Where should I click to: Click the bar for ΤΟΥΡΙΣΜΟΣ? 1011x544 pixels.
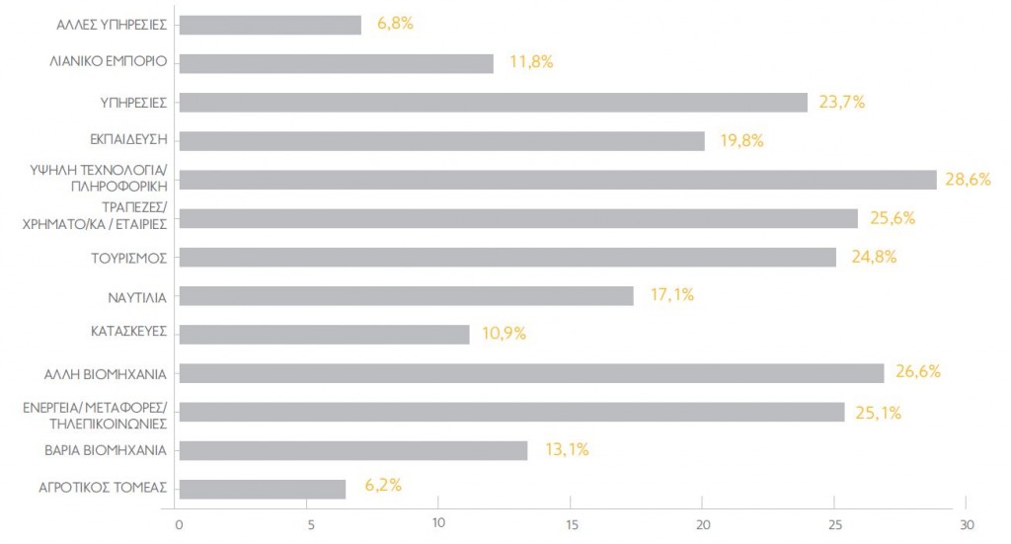(x=508, y=258)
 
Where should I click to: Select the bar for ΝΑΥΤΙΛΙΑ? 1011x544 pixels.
(x=407, y=296)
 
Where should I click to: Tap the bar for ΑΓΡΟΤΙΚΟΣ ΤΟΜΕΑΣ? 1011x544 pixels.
(x=263, y=489)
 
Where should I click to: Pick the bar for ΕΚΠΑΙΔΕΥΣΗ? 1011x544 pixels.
(x=442, y=141)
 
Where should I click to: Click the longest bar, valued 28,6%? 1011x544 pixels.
(x=558, y=180)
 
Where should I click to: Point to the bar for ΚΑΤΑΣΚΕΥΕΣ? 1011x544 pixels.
(x=325, y=335)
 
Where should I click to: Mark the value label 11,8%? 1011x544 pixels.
(x=530, y=62)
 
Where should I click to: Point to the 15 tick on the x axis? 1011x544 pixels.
(x=572, y=523)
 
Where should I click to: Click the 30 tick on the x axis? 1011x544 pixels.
(x=967, y=523)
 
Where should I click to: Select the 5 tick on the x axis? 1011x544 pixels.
(x=309, y=523)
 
